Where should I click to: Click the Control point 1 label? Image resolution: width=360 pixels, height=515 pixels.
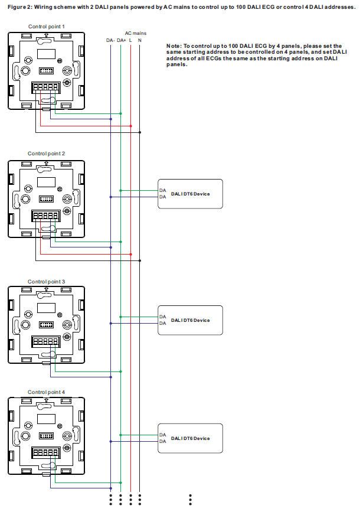(x=47, y=27)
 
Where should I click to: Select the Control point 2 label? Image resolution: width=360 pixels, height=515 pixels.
(x=46, y=154)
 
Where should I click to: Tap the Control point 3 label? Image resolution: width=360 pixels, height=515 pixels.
(x=46, y=282)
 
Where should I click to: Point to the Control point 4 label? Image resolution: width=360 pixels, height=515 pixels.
(x=46, y=392)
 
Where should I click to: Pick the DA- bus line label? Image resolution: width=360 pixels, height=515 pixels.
(x=110, y=40)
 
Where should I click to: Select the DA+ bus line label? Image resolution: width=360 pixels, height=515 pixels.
(x=121, y=40)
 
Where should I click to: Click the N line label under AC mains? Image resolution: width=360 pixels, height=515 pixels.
(x=140, y=40)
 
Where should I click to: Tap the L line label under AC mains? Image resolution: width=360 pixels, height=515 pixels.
(x=130, y=40)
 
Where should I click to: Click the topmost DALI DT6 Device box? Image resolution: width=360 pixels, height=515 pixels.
(x=190, y=193)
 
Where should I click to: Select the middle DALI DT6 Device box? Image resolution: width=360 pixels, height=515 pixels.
(x=190, y=320)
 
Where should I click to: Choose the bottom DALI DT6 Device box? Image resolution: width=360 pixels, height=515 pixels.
(x=190, y=438)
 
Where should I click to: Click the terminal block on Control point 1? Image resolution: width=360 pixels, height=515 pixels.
(x=46, y=87)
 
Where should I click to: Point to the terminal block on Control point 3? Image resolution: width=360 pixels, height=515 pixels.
(x=46, y=342)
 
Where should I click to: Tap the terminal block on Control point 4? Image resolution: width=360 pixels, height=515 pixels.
(x=46, y=452)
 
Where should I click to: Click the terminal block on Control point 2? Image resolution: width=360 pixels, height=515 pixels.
(x=46, y=216)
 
